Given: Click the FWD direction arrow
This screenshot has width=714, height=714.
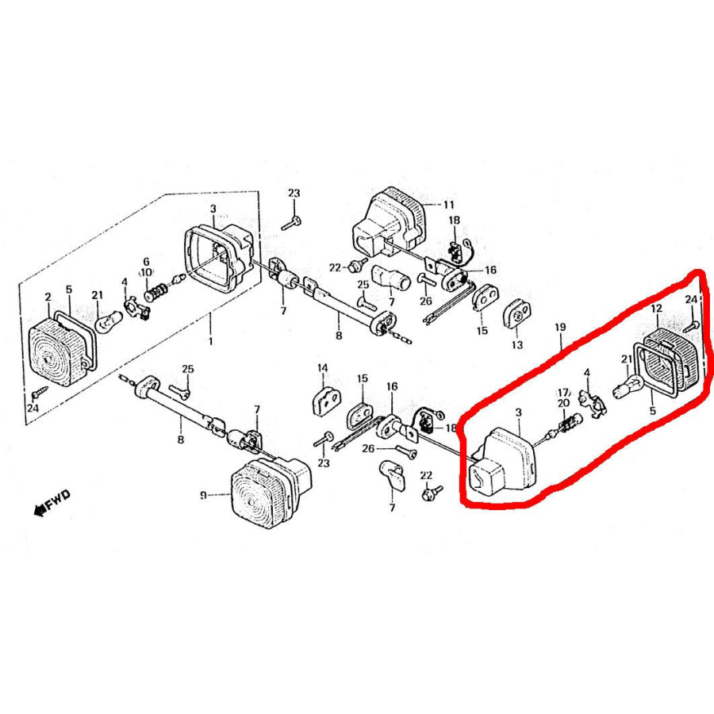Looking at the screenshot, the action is click(40, 509).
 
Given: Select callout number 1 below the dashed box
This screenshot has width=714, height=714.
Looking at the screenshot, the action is click(210, 340).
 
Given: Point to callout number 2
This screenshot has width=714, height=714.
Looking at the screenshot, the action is click(48, 297).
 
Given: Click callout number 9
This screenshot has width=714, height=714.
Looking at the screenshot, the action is click(204, 494).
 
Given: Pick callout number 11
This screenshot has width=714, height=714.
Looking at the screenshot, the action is click(448, 205).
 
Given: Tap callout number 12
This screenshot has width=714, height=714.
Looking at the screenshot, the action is click(656, 309).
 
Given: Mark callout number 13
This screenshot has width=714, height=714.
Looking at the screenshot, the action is click(517, 345).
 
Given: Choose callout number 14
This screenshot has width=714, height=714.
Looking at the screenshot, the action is click(323, 368).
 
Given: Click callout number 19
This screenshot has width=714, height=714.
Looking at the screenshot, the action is click(560, 327).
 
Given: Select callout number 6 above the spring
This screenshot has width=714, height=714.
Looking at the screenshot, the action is click(146, 262).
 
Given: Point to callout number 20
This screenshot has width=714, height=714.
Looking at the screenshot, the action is click(564, 402).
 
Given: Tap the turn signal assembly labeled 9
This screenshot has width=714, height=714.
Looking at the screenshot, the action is click(271, 492).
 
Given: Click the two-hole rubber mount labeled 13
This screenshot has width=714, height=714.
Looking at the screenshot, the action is click(517, 313).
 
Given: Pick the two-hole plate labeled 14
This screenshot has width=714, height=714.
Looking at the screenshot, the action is click(327, 401).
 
